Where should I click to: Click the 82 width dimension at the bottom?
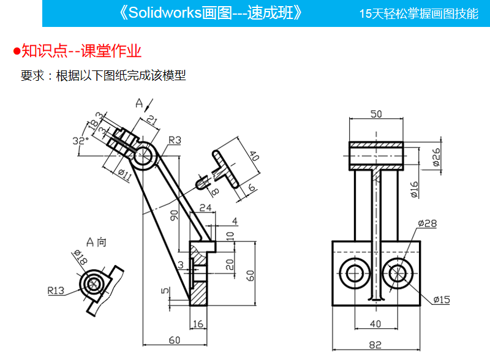pyautogui.click(x=376, y=345)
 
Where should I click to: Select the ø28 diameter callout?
pyautogui.click(x=428, y=223)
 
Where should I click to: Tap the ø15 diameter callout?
pyautogui.click(x=442, y=299)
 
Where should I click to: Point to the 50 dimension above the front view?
pyautogui.click(x=376, y=113)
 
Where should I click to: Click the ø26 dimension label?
pyautogui.click(x=437, y=156)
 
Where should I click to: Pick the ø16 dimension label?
pyautogui.click(x=414, y=189)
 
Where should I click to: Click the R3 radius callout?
pyautogui.click(x=175, y=140)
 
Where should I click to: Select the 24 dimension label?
pyautogui.click(x=205, y=208)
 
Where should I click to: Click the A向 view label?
pyautogui.click(x=96, y=242)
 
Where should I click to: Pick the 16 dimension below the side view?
pyautogui.click(x=197, y=324)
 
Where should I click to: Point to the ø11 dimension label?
pyautogui.click(x=124, y=175)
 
